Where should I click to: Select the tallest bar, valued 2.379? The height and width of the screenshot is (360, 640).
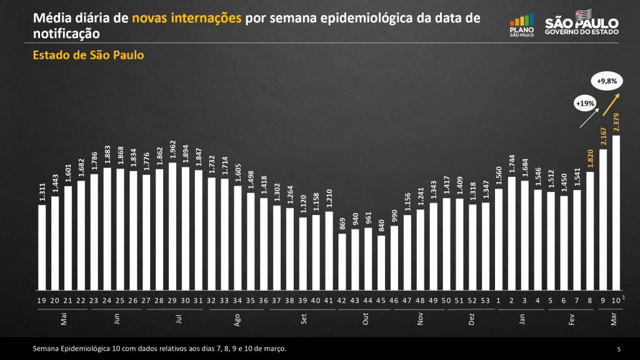pyautogui.click(x=616, y=213)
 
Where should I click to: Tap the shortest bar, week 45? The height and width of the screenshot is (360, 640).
pyautogui.click(x=381, y=263)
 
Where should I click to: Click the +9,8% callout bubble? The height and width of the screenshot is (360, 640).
pyautogui.click(x=606, y=81)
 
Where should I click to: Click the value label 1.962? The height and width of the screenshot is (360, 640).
pyautogui.click(x=172, y=151)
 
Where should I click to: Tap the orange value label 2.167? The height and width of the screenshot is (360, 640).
pyautogui.click(x=603, y=137)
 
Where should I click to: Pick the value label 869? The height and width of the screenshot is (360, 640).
pyautogui.click(x=342, y=224)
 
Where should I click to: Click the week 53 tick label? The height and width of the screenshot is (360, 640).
pyautogui.click(x=486, y=301)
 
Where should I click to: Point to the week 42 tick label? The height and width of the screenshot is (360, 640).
pyautogui.click(x=342, y=301)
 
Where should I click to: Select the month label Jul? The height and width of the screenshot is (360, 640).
pyautogui.click(x=179, y=319)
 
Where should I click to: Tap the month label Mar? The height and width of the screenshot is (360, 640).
pyautogui.click(x=613, y=319)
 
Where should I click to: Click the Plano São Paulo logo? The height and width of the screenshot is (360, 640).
pyautogui.click(x=522, y=25)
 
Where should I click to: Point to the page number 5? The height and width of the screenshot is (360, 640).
pyautogui.click(x=618, y=348)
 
